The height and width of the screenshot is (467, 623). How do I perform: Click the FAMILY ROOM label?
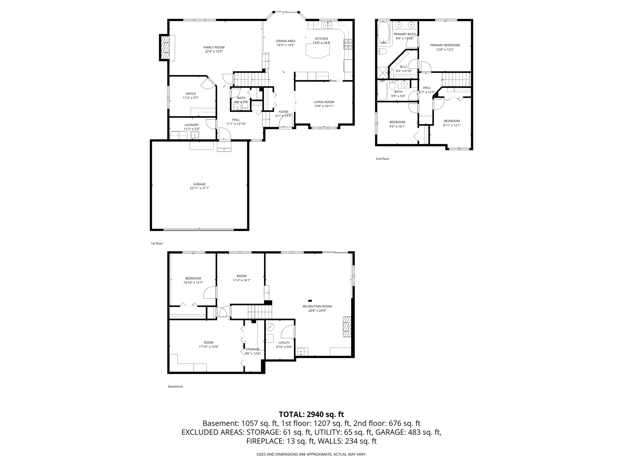[x=214, y=47]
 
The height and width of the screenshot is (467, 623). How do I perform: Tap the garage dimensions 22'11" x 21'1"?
[x=199, y=188]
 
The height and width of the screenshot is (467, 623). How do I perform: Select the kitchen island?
[x=318, y=50]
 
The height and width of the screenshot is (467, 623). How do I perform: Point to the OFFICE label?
[x=190, y=94]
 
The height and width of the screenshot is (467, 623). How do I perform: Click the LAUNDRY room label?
[x=192, y=125]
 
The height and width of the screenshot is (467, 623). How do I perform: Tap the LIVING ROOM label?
[x=324, y=102]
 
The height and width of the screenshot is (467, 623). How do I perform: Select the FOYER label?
[x=283, y=112]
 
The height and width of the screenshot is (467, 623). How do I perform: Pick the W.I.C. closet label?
[x=403, y=67]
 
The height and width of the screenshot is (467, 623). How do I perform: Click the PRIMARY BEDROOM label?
[x=445, y=45]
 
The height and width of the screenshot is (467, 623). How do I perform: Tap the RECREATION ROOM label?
[x=317, y=306]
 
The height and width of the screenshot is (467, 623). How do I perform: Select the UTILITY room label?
[x=284, y=343]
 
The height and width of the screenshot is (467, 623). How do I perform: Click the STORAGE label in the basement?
[x=252, y=349]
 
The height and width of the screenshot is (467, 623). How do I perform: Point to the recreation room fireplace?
[x=347, y=327]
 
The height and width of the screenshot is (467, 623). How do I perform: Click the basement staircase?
[x=259, y=312]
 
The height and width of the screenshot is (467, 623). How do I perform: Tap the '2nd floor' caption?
[x=382, y=159]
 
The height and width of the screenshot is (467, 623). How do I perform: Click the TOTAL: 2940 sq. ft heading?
[x=311, y=414]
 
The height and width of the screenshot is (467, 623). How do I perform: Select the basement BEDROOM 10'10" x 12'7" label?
[x=193, y=278]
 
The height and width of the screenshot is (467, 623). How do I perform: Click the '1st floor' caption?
[x=157, y=244]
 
